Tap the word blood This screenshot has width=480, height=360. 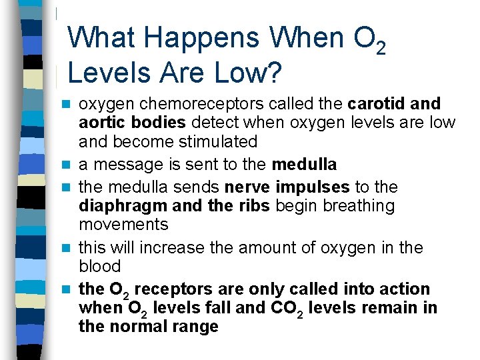pyautogui.click(x=99, y=266)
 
